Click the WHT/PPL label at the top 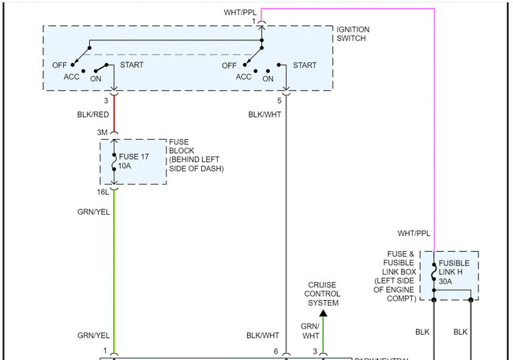239,13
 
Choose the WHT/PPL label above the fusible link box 414,234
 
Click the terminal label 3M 103,133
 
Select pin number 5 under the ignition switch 279,101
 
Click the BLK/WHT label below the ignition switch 264,114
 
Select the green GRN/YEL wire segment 114,268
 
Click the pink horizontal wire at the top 347,9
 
